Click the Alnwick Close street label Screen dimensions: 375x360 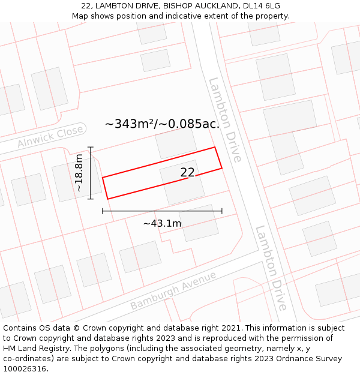(50, 137)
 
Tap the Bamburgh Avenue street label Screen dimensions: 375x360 (173, 291)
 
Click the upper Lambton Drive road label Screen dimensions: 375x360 (225, 119)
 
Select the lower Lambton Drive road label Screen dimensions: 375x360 (272, 268)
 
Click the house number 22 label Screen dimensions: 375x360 (187, 172)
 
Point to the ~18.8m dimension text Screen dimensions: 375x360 (79, 173)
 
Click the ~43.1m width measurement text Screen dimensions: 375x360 (162, 223)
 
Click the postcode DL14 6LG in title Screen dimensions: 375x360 (262, 6)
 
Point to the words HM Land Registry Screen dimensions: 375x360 (32, 348)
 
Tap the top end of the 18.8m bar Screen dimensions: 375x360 (91, 147)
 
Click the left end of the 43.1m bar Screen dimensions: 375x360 (103, 211)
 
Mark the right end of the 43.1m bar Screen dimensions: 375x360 (222, 211)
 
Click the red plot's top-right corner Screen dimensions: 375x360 (215, 147)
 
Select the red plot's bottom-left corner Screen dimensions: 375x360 (107, 199)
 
